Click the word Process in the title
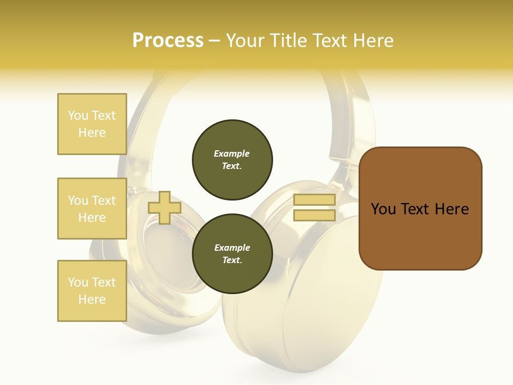pos(168,41)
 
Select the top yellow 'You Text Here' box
pos(92,124)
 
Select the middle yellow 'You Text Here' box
pos(92,209)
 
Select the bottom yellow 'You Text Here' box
pos(92,291)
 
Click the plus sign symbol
pos(164,207)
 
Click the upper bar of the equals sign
pos(314,200)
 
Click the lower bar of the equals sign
pos(314,215)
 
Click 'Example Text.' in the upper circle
pos(232,160)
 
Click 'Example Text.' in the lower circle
pos(232,254)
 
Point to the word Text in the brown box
pos(415,209)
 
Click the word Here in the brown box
pos(452,209)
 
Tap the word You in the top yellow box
pos(78,115)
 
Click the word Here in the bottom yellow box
pos(92,299)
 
